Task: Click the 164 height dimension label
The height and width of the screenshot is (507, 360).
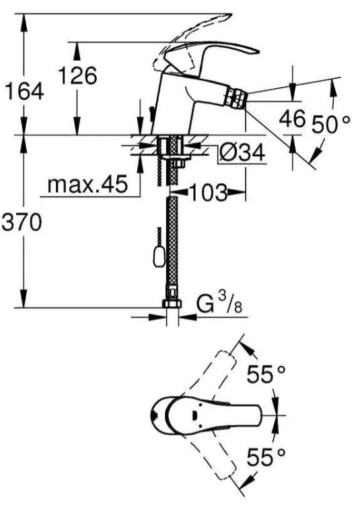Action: click(x=24, y=92)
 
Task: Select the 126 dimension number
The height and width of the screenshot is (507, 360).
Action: click(x=77, y=75)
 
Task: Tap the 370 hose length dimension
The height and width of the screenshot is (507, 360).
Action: click(x=22, y=222)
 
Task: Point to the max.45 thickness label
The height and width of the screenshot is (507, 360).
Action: click(x=87, y=185)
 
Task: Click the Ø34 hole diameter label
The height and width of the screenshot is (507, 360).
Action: click(x=242, y=153)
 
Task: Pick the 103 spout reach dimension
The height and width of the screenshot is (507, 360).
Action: click(x=208, y=193)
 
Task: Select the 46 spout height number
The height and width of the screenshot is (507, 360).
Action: click(x=292, y=118)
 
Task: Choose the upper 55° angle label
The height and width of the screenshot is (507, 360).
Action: click(x=266, y=374)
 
